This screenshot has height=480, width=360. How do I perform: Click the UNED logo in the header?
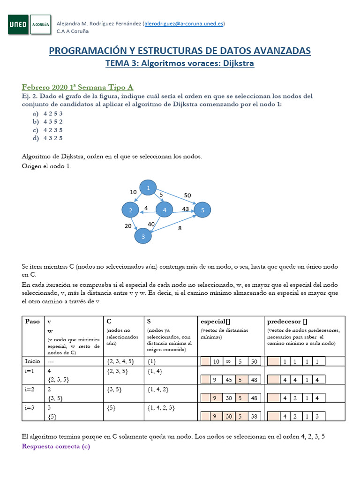(19, 24)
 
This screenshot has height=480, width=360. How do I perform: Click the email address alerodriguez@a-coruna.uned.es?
(184, 23)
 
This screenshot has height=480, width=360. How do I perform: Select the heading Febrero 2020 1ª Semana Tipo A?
(78, 87)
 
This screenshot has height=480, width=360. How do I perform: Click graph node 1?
(149, 188)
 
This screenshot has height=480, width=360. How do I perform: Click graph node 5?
(202, 210)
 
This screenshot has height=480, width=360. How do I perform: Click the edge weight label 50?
(187, 195)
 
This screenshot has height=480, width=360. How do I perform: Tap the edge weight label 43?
(186, 209)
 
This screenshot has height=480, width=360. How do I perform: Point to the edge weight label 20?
(128, 225)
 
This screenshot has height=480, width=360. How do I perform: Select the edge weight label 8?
(180, 229)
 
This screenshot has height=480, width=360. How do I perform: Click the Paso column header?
(32, 322)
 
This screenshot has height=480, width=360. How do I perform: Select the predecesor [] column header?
(287, 322)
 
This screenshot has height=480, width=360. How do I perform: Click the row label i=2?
(31, 389)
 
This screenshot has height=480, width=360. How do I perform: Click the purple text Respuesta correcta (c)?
(56, 447)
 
